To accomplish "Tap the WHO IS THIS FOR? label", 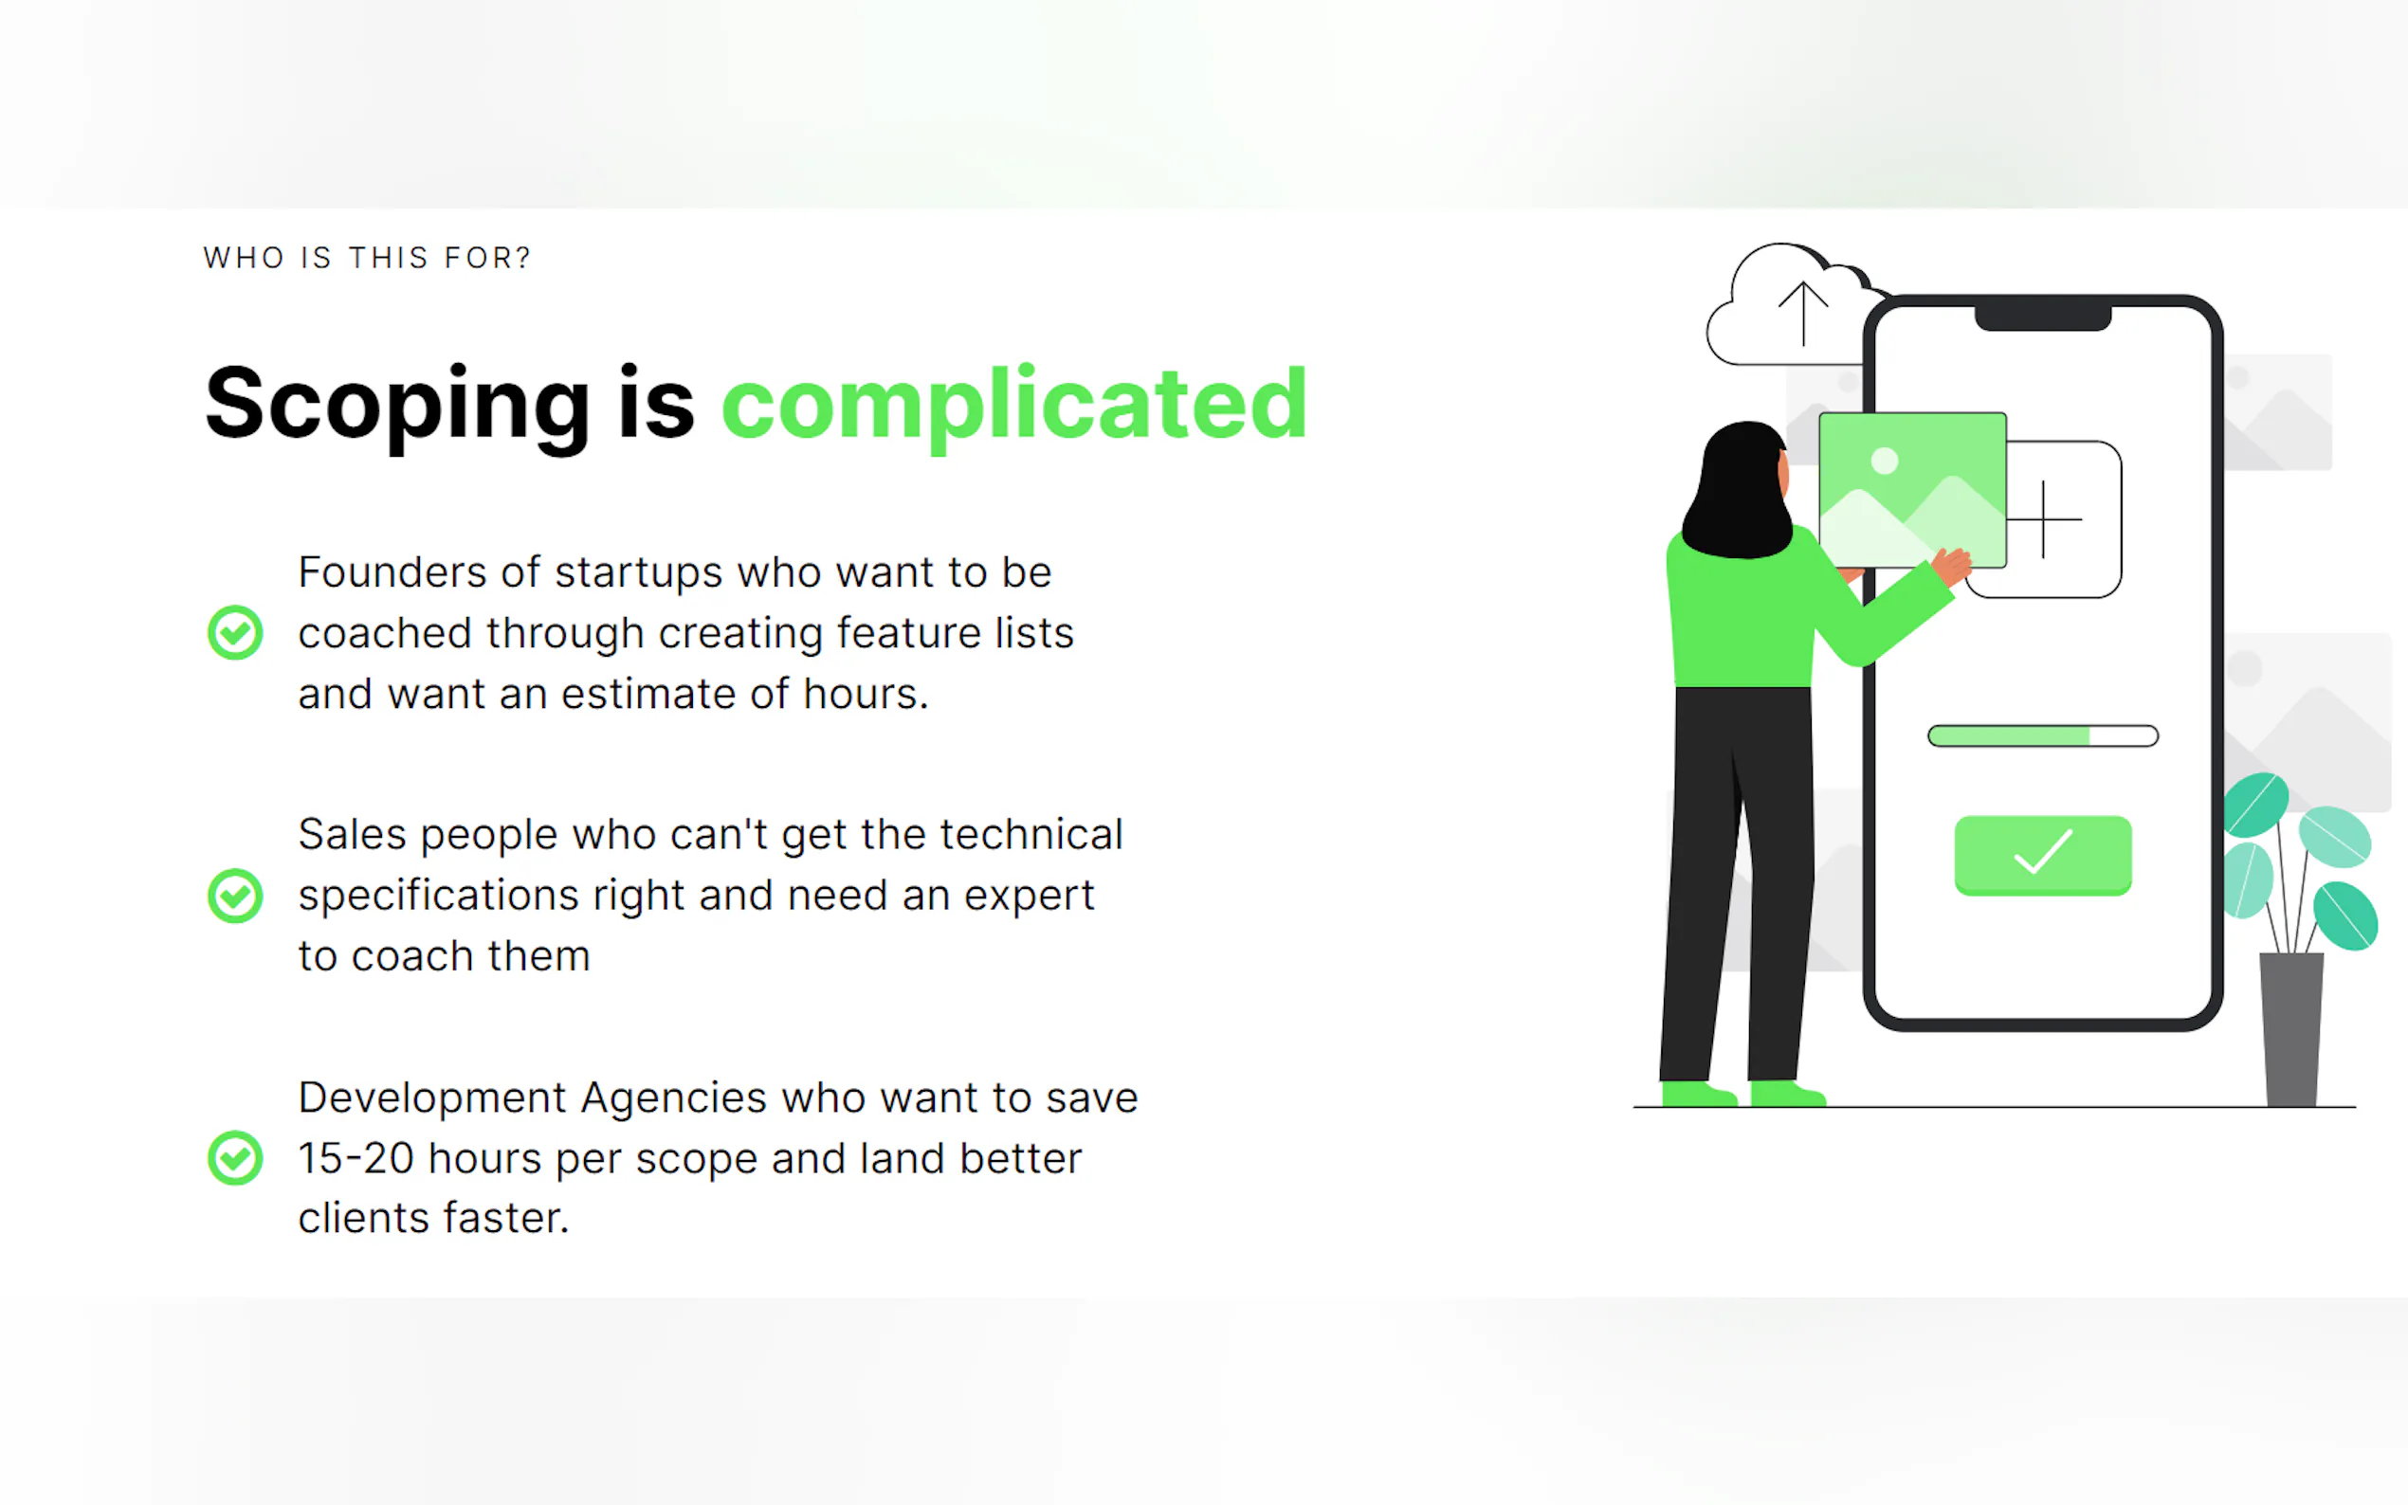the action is pos(367,259).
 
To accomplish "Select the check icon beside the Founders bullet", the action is pos(235,632).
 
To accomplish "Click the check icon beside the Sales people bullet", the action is pos(235,895).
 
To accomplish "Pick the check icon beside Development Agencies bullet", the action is pos(235,1157).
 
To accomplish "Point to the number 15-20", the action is pos(356,1159).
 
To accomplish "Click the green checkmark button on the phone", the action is pos(2043,855).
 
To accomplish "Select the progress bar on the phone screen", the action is pos(2043,735).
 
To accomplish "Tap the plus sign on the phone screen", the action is pos(2043,518).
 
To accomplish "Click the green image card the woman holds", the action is pos(1912,490).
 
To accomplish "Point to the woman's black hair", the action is pos(1738,490).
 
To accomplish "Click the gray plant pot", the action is pos(2291,1029).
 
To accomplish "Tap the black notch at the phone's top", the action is pos(2043,317).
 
